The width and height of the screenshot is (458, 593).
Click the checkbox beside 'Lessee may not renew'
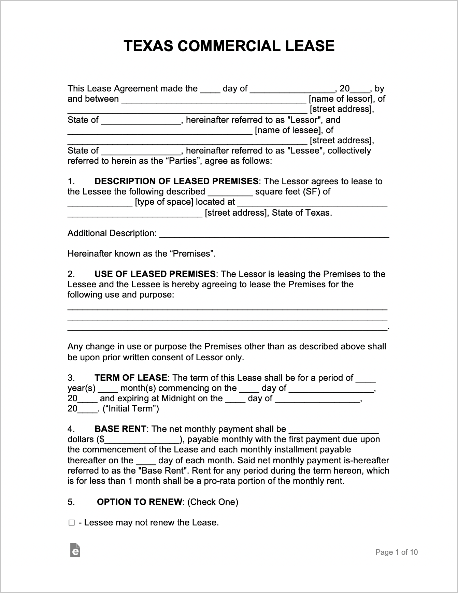click(x=71, y=523)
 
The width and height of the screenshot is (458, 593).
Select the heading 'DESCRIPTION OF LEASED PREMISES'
click(x=176, y=181)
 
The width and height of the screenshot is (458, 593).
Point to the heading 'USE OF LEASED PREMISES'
click(x=155, y=274)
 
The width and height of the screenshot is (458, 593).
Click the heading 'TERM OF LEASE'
click(x=131, y=378)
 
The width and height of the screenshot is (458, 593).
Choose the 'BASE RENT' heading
click(x=120, y=429)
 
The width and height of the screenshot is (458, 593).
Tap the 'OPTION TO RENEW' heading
click(x=140, y=502)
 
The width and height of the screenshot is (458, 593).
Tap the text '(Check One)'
click(x=213, y=502)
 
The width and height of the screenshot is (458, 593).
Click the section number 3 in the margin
click(x=70, y=378)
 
